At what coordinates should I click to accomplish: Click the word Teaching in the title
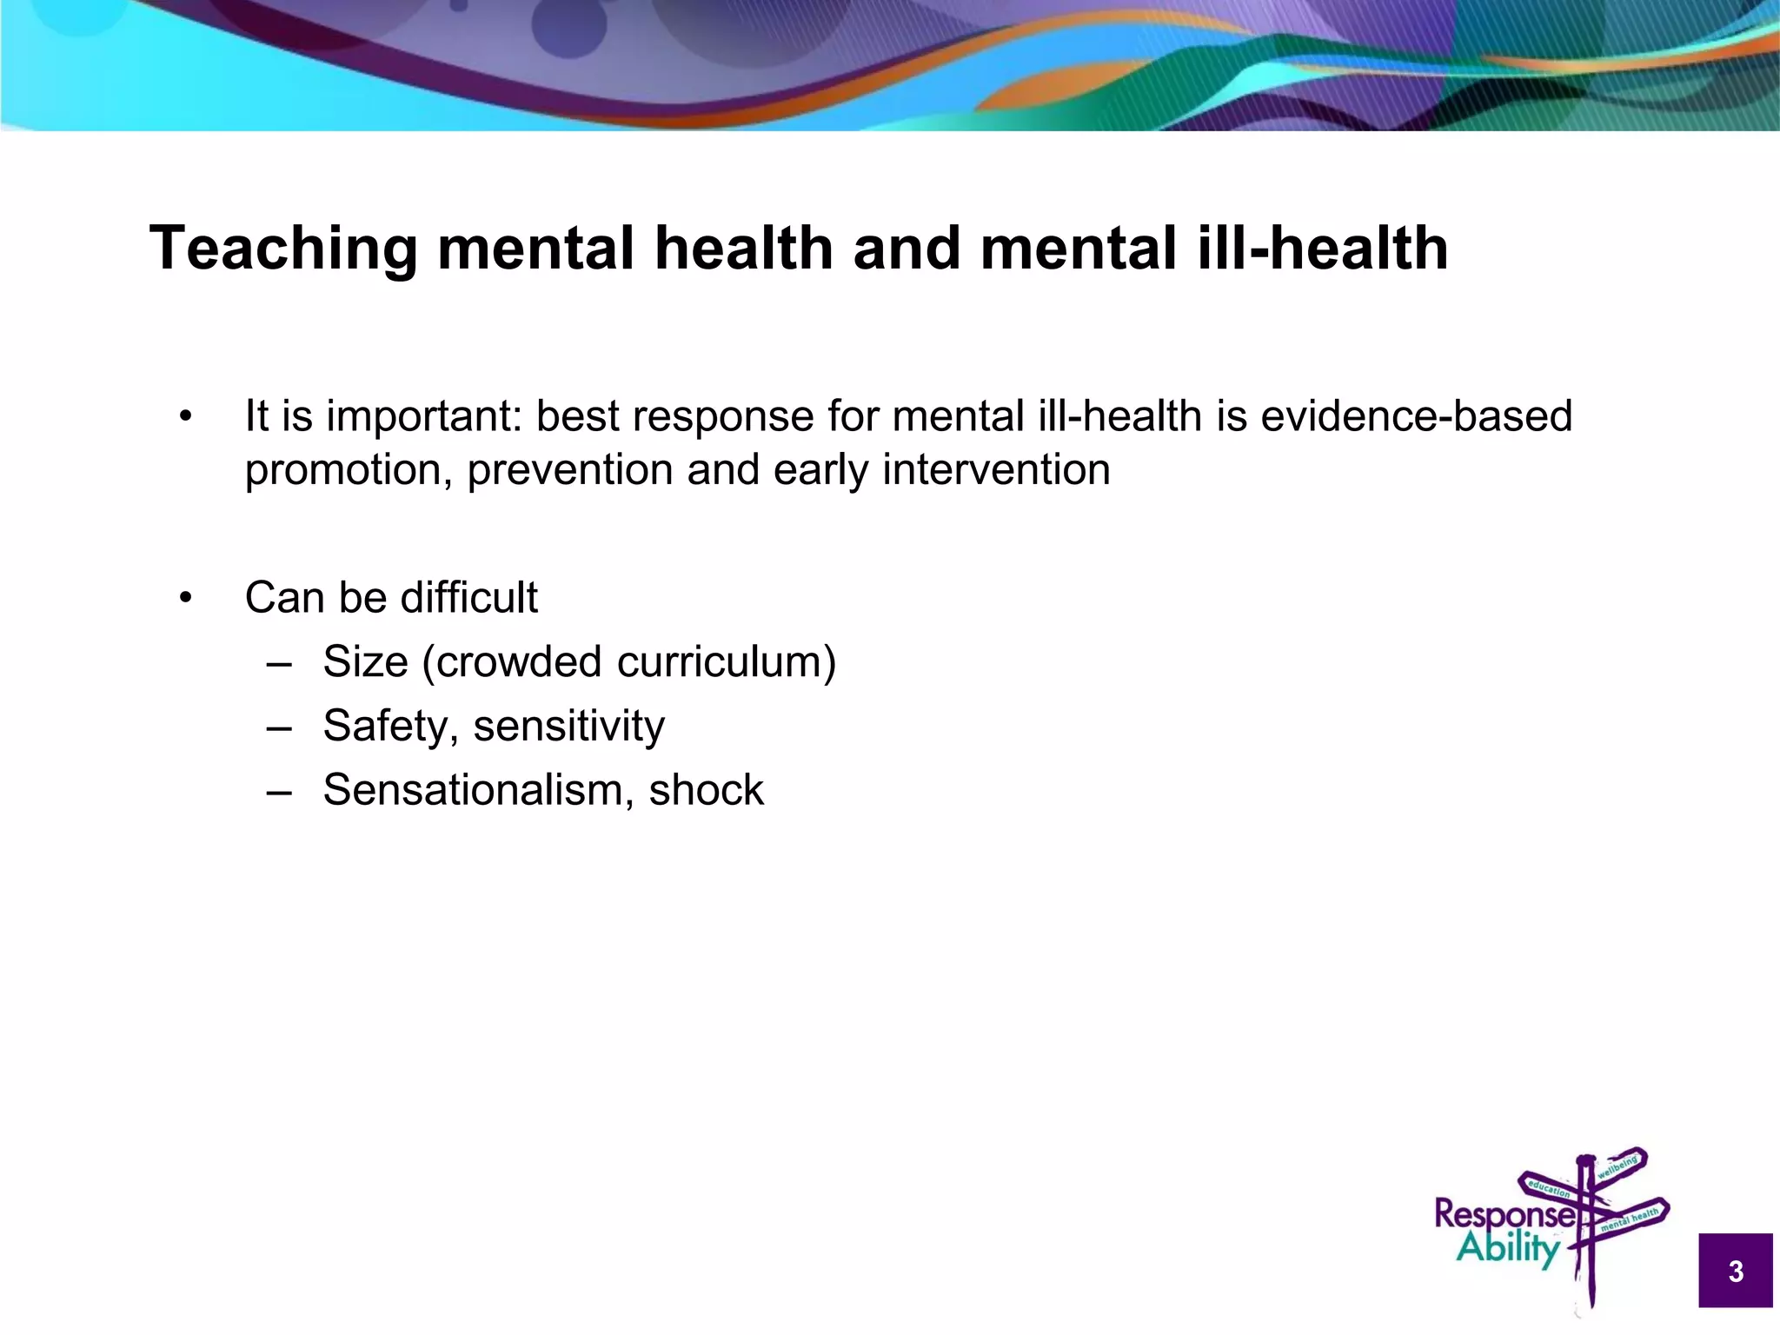point(283,249)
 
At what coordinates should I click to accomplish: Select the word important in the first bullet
point(424,416)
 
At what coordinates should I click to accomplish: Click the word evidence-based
point(1416,415)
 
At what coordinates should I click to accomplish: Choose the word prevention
point(569,470)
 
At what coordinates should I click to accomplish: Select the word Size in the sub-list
point(365,662)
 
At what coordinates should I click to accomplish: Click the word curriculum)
point(727,662)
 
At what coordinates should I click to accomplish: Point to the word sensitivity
point(568,727)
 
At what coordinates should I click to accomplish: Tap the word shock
point(706,790)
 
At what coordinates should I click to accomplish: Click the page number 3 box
point(1735,1271)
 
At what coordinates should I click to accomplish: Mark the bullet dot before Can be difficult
point(184,598)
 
